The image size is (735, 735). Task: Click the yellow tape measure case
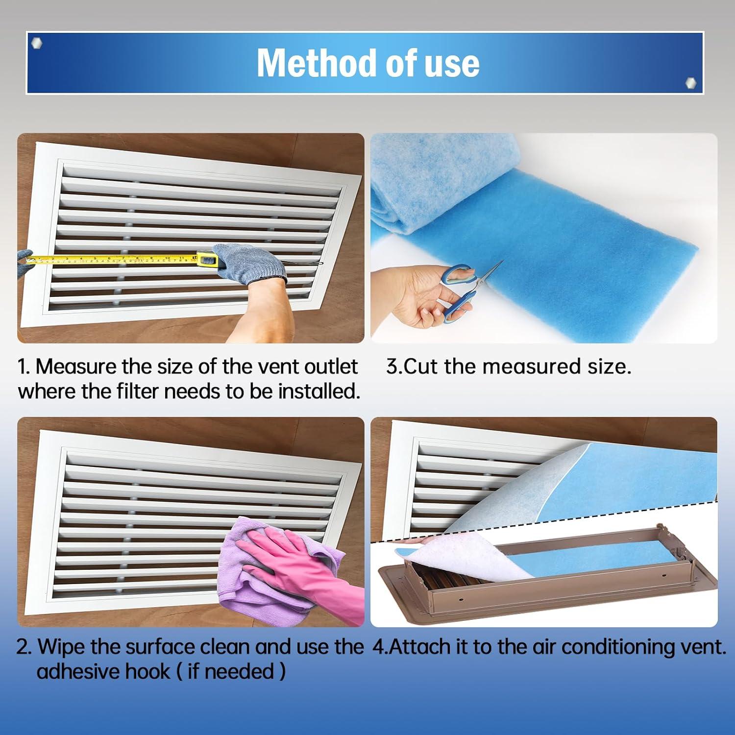tap(207, 259)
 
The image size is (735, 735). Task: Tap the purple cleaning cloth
tap(245, 578)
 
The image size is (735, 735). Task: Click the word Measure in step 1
tap(75, 367)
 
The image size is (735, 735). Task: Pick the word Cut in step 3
tap(421, 367)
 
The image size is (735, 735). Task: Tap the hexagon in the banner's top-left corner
tap(36, 43)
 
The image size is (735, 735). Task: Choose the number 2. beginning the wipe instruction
tap(24, 647)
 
